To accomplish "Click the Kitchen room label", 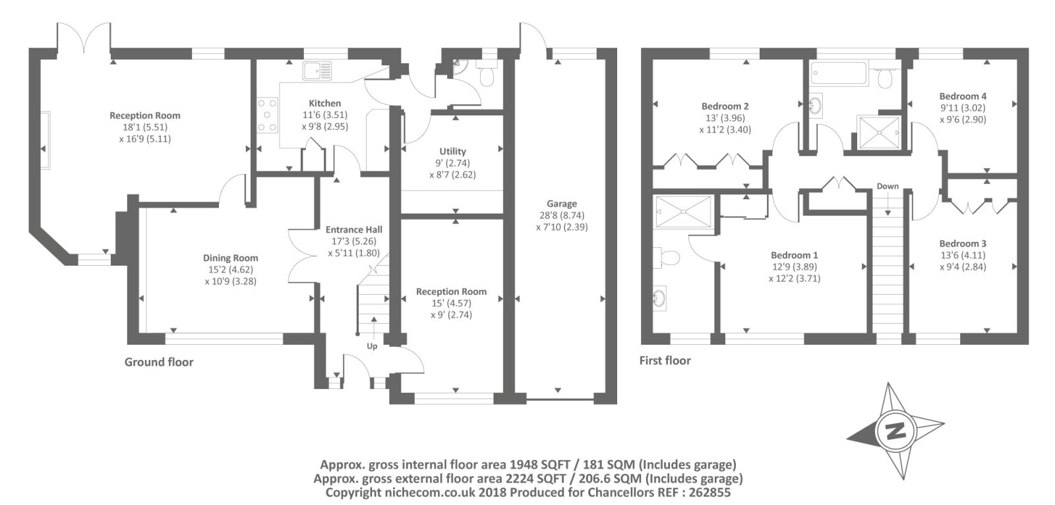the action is point(324,103).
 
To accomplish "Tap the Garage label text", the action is point(561,204).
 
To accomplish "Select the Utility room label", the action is point(452,151).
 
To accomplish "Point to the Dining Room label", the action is point(230,258).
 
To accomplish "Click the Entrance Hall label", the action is point(353,229).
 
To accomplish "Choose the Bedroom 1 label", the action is point(794,255).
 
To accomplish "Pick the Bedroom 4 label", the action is point(963,96).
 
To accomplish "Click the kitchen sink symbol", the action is point(317,71).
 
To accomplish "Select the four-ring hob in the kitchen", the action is point(268,115).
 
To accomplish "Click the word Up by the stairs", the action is point(372,346).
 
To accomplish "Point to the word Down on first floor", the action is point(888,186).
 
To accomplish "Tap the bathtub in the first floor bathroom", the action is point(839,73).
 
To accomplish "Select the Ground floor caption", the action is point(159,362).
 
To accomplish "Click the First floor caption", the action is point(665,361).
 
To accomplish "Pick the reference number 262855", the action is point(709,492).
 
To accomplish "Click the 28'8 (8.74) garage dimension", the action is point(562,216).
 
